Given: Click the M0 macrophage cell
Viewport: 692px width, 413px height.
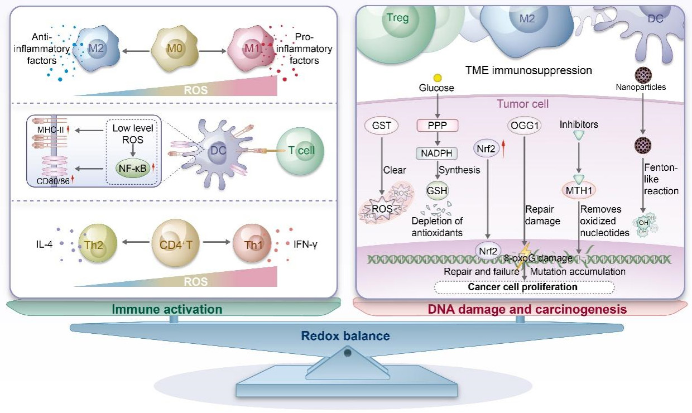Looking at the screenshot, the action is [175, 49].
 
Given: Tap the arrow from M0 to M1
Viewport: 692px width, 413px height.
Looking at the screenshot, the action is [212, 51].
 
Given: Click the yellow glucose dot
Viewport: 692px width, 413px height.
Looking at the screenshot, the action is [438, 78].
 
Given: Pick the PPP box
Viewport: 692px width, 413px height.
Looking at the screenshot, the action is [437, 126].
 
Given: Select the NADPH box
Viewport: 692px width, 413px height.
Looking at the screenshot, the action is [436, 153].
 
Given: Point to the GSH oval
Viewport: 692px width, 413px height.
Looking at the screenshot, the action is [437, 190].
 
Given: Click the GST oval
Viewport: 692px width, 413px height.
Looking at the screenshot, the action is [381, 126].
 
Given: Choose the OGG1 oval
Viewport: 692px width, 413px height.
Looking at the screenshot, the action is [524, 126].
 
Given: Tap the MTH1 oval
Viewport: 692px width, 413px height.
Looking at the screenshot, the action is [579, 190].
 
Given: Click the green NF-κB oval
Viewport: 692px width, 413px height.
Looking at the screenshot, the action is [132, 169].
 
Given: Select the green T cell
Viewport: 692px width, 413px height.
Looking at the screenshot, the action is [300, 151].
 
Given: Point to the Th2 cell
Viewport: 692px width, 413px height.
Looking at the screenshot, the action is [98, 243].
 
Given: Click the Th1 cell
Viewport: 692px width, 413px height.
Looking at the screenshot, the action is [252, 243].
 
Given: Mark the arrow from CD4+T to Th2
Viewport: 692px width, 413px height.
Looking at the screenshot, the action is [136, 242].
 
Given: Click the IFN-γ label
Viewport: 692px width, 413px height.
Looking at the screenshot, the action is [305, 244].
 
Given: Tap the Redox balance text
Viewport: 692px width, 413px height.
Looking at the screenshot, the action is [345, 336].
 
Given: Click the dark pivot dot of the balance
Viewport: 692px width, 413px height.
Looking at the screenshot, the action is [348, 353].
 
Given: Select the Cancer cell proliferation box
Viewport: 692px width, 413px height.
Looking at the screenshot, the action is [524, 287].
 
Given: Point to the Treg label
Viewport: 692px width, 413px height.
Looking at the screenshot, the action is [397, 18].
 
